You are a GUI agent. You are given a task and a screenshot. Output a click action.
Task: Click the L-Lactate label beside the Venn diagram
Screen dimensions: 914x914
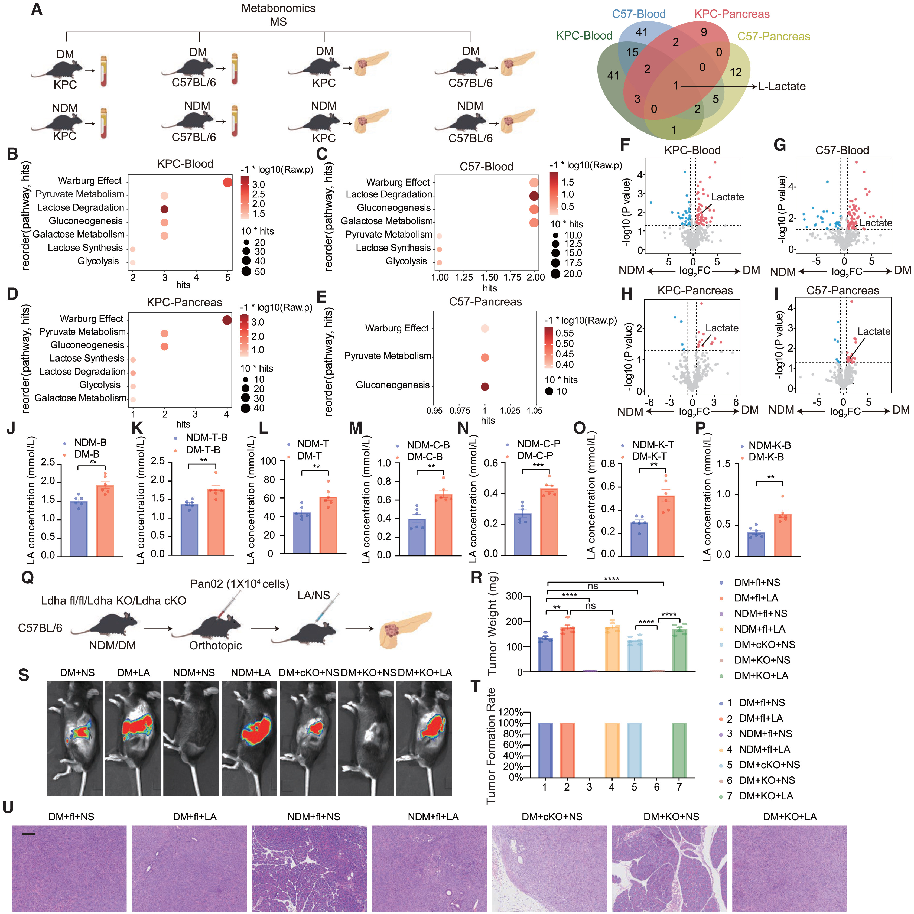pyautogui.click(x=782, y=87)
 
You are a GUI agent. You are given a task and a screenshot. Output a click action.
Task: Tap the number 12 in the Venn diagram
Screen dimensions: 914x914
pyautogui.click(x=736, y=72)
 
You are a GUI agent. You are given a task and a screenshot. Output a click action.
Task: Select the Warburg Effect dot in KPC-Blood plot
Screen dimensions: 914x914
pyautogui.click(x=227, y=182)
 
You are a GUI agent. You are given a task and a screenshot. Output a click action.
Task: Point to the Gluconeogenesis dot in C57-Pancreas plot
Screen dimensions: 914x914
pyautogui.click(x=484, y=386)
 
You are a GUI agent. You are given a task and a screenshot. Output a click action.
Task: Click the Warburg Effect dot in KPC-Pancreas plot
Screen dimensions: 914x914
pyautogui.click(x=227, y=320)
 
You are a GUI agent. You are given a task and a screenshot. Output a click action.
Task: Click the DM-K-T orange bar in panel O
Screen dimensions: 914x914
pyautogui.click(x=666, y=525)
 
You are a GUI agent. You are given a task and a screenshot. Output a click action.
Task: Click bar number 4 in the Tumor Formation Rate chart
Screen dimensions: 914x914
pyautogui.click(x=612, y=750)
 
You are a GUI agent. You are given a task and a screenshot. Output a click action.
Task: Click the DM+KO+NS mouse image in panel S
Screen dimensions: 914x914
pyautogui.click(x=367, y=738)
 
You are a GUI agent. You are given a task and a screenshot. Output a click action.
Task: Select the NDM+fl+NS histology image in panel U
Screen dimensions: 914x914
pyautogui.click(x=309, y=869)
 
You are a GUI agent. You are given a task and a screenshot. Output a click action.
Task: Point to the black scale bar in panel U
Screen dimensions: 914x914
pyautogui.click(x=28, y=834)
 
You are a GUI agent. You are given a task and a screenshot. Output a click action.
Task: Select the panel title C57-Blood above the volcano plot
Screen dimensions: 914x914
pyautogui.click(x=842, y=151)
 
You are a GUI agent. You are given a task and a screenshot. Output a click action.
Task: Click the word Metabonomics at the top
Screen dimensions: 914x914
pyautogui.click(x=278, y=8)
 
